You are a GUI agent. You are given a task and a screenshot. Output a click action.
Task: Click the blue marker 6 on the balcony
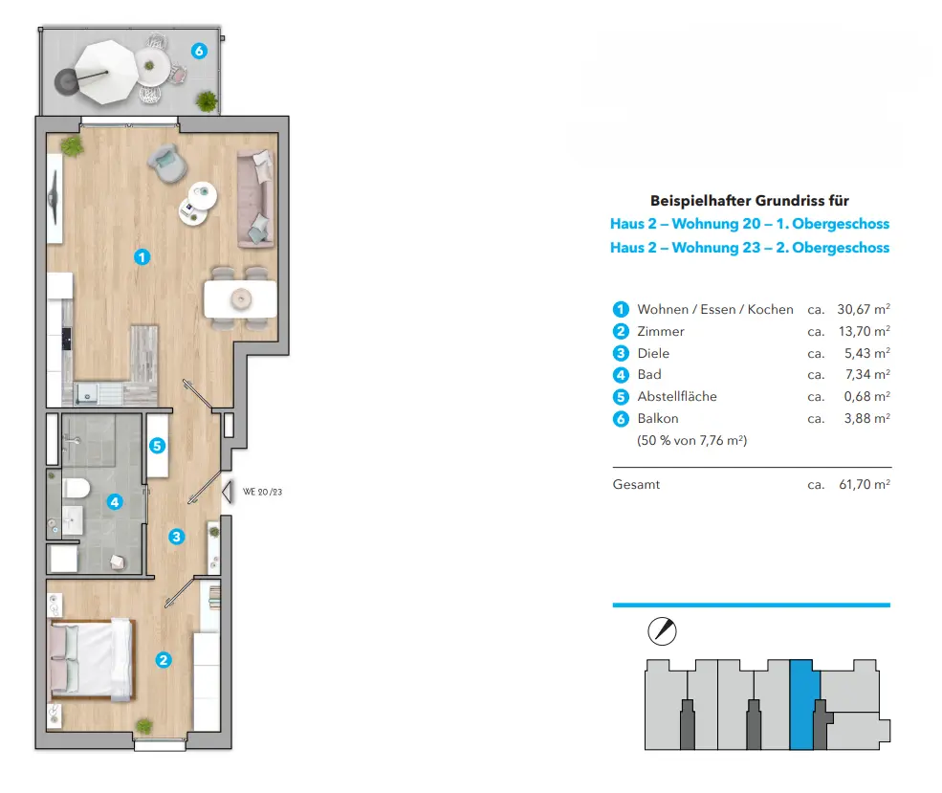pos(199,52)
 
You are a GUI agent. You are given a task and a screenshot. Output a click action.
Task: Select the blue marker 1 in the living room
pos(142,256)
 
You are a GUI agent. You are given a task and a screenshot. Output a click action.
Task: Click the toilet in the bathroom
pos(76,489)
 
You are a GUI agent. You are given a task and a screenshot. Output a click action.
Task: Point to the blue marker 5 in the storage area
pos(159,445)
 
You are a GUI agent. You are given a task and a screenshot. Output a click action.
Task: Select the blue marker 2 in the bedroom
pos(164,659)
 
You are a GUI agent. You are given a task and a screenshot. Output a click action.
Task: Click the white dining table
pos(240,299)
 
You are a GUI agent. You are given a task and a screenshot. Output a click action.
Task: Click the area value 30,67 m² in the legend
pos(864,309)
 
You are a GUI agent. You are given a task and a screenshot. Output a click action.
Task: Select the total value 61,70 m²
pos(864,485)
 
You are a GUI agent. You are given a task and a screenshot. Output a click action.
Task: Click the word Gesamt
pos(636,485)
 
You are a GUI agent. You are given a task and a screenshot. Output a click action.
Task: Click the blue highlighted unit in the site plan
pos(800,703)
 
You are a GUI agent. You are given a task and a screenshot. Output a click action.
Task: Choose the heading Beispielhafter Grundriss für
pos(750,201)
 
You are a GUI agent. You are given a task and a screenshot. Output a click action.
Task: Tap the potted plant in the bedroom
pos(143,726)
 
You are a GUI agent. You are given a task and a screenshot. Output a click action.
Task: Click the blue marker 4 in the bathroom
pos(114,501)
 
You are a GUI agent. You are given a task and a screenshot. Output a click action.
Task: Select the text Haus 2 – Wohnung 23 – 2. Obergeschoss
pos(750,248)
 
